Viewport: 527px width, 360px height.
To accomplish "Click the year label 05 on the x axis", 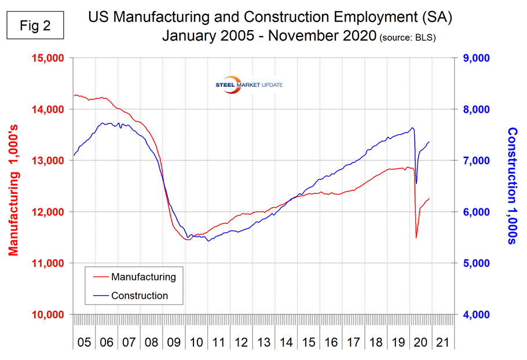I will [x=84, y=342].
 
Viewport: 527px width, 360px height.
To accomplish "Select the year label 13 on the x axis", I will [x=263, y=342].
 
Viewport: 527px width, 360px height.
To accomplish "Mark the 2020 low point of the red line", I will [x=416, y=237].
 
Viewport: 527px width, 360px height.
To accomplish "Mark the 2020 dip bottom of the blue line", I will [x=416, y=183].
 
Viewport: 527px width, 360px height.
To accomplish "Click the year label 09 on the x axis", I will [x=174, y=342].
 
